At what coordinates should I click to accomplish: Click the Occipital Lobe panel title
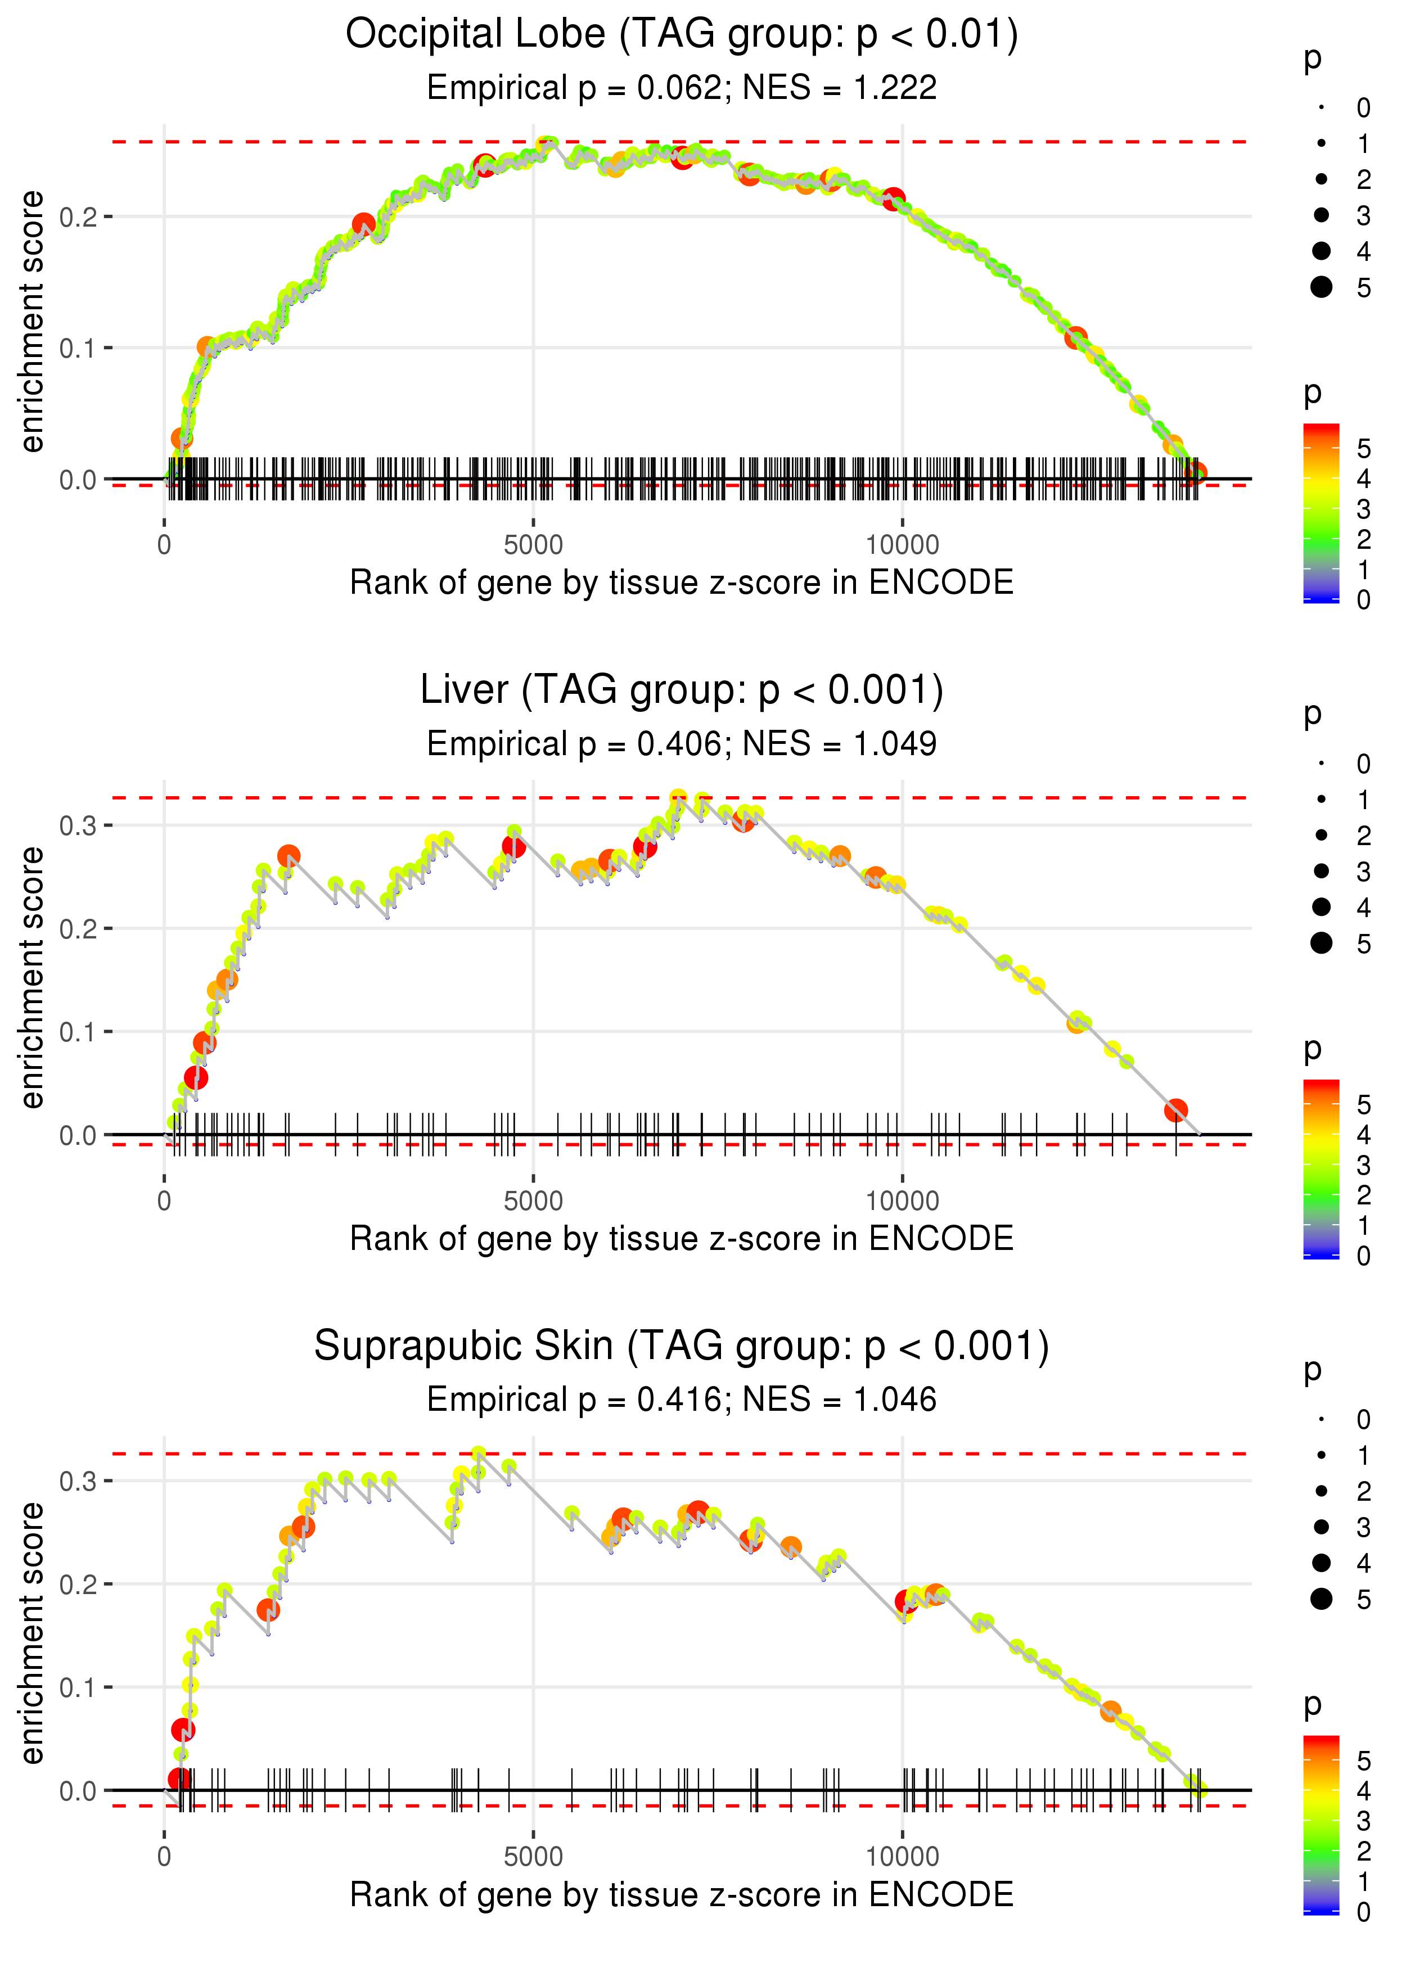click(682, 35)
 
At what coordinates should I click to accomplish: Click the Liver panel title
click(682, 690)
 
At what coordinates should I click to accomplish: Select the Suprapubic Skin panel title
click(682, 1347)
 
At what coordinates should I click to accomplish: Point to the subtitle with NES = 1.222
click(682, 88)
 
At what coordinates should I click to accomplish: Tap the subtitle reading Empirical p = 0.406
click(682, 744)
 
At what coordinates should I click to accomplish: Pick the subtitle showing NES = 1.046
click(682, 1400)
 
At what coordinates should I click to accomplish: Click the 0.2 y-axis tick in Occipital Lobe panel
click(78, 216)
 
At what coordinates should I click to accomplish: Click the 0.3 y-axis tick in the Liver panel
click(78, 825)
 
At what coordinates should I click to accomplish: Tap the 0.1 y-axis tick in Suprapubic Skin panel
click(78, 1687)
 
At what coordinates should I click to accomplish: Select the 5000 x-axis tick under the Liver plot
click(533, 1201)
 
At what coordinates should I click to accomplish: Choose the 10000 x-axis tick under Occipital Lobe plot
click(902, 545)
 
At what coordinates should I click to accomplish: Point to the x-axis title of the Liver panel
click(682, 1239)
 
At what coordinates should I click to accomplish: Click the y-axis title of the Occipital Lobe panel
click(32, 322)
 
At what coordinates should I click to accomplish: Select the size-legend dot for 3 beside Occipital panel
click(1321, 215)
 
